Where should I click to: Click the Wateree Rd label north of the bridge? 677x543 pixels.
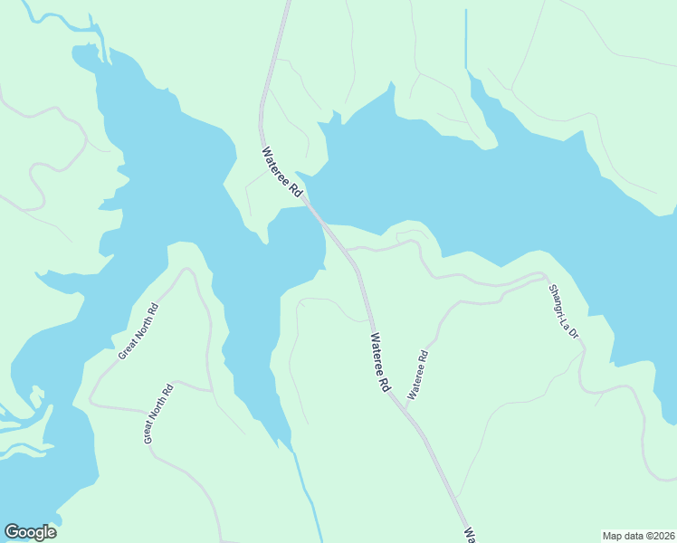click(x=281, y=173)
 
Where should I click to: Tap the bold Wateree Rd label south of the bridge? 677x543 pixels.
click(x=378, y=362)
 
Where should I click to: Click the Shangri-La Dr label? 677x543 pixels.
click(x=564, y=313)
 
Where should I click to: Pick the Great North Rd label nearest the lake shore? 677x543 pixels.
click(x=138, y=330)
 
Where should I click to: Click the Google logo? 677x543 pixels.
click(x=30, y=532)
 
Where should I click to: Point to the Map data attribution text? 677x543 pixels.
click(x=638, y=535)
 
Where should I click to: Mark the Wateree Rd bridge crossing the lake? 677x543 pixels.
click(x=316, y=213)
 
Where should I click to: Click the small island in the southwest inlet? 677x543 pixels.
click(x=36, y=396)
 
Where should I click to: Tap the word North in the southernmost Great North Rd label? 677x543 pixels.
click(x=157, y=414)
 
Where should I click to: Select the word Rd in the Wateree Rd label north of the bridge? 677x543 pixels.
click(x=295, y=189)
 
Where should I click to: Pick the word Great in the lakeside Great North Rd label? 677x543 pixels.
click(x=127, y=347)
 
